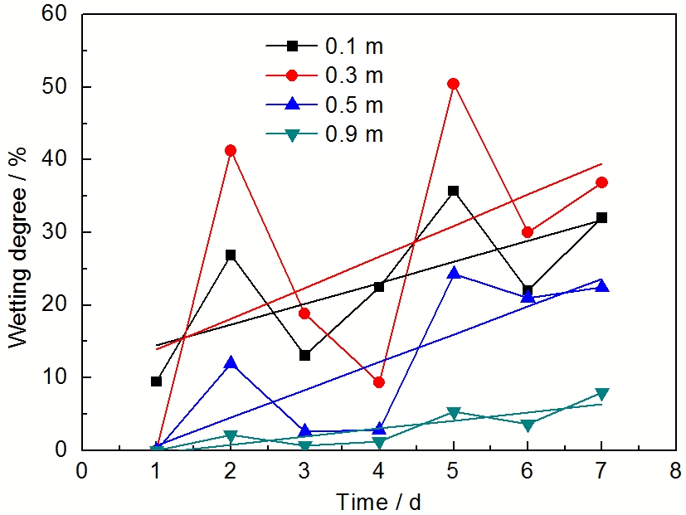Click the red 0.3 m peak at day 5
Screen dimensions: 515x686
(x=453, y=84)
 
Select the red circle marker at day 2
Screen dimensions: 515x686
(x=231, y=150)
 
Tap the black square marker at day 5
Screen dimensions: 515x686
(x=453, y=191)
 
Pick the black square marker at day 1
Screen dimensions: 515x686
(x=156, y=381)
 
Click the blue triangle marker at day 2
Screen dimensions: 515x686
(x=231, y=363)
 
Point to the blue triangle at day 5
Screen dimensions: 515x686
(x=453, y=273)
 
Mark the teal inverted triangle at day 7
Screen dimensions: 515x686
(x=602, y=393)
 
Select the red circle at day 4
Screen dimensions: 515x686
(x=379, y=382)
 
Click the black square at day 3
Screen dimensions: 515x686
(x=305, y=355)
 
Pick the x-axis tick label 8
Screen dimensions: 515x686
(x=676, y=470)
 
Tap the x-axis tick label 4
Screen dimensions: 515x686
(x=379, y=470)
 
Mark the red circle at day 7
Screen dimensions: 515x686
(x=602, y=182)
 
